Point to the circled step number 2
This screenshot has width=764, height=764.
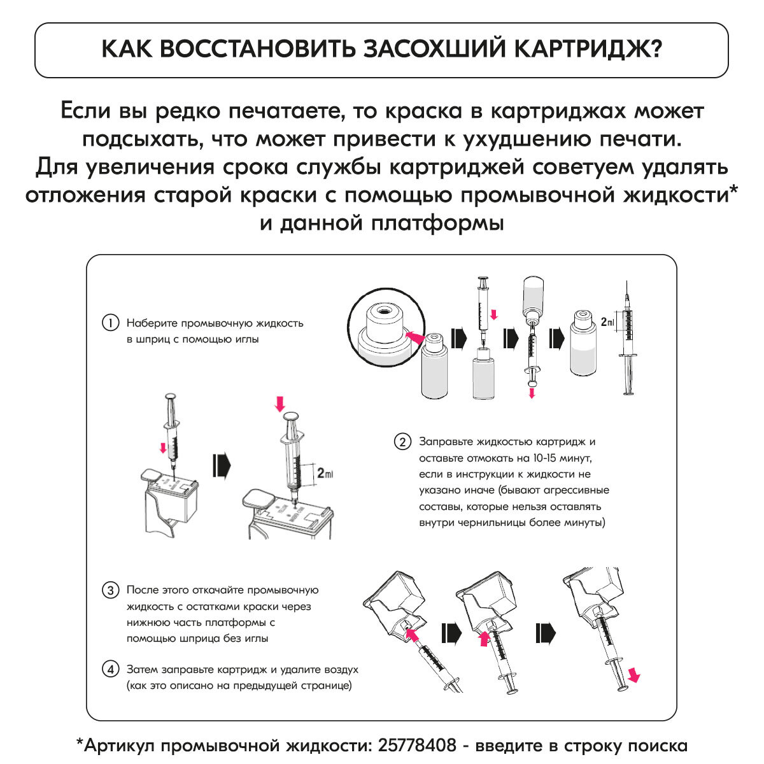(x=402, y=442)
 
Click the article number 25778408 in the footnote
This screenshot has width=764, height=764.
(x=417, y=745)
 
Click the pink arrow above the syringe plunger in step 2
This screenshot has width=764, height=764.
(x=279, y=402)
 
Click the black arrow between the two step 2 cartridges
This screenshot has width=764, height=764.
(x=221, y=464)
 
